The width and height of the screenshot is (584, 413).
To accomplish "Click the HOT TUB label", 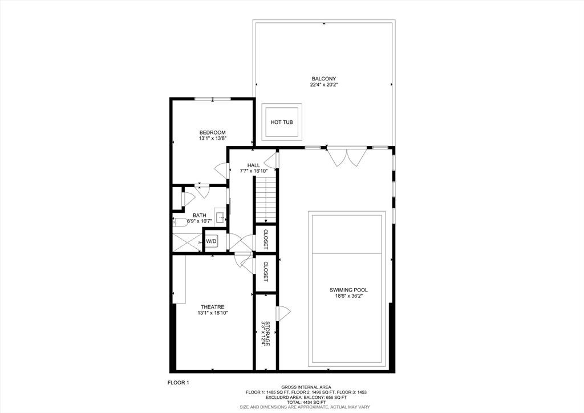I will pos(281,122).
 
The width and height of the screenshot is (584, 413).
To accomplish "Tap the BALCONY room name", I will pos(323,79).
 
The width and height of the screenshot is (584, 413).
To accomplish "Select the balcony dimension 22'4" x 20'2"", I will pos(323,85).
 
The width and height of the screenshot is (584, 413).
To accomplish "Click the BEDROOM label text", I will pos(212,132).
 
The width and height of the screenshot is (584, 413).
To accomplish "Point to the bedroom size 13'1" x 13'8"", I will pos(212,139).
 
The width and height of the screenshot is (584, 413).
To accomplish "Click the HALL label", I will pos(254,165).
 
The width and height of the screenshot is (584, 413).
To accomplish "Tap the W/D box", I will pos(211,241).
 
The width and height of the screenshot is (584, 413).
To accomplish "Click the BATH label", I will pos(199,215).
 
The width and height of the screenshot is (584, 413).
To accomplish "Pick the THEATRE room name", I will pos(212,307).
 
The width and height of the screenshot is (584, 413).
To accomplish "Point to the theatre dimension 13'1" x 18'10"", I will pos(212,313).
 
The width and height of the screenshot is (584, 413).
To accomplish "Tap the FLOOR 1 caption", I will pos(178,382).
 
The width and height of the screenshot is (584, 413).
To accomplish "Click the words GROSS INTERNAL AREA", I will pos(305,387).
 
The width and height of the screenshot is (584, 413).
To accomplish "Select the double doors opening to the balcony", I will pos(346,157).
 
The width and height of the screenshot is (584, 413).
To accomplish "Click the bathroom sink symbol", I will pos(220,215).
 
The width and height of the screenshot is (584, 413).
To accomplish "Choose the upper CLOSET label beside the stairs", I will pos(266,240).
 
